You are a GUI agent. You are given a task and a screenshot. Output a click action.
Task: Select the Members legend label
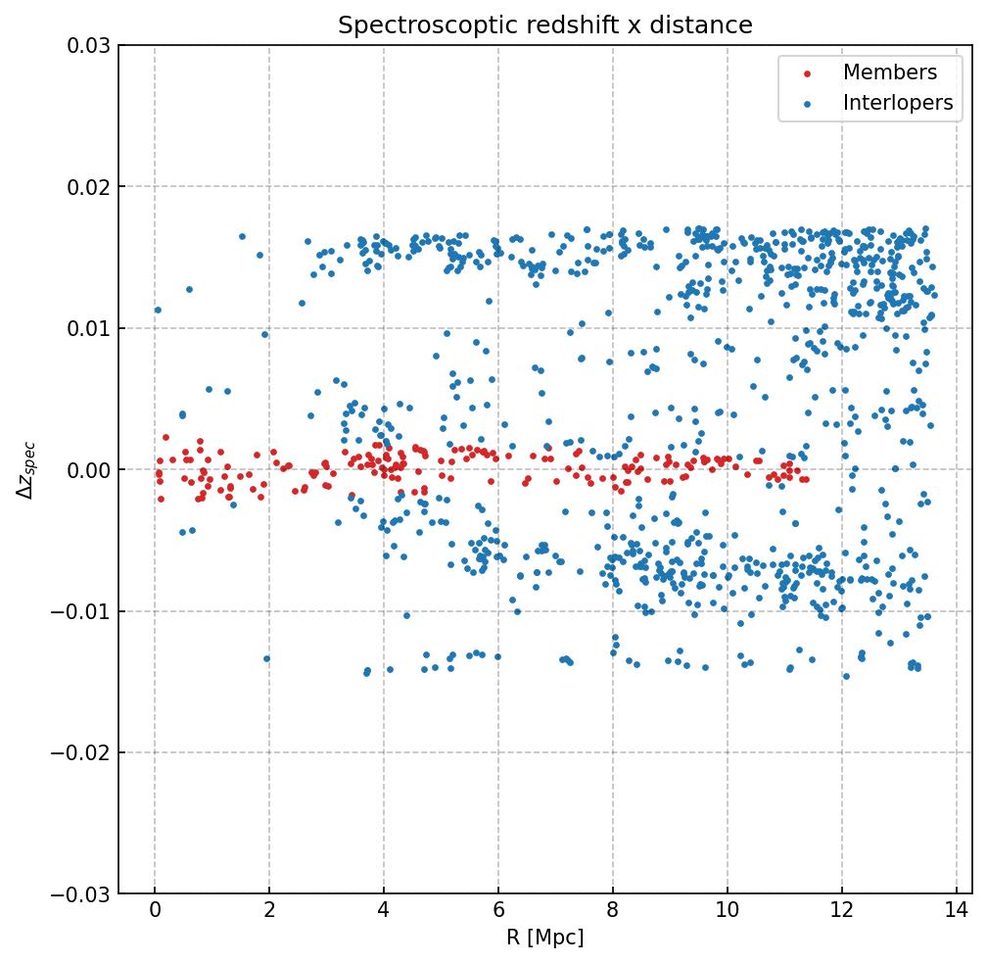[890, 72]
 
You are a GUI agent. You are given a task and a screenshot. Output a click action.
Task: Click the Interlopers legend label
[898, 103]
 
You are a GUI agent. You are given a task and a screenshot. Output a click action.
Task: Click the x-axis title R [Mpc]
[544, 938]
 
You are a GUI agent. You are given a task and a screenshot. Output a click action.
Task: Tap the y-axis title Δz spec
[26, 469]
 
